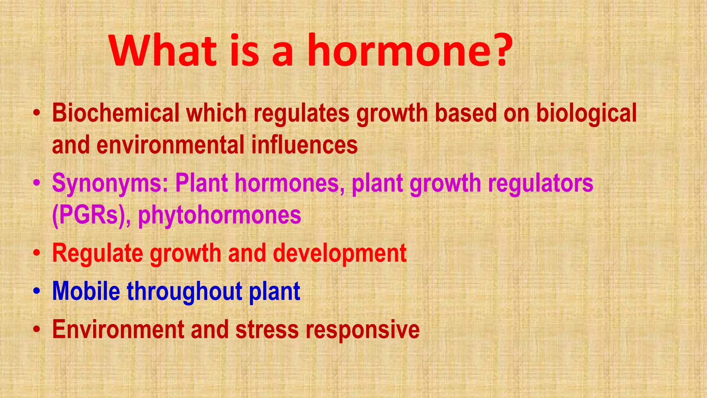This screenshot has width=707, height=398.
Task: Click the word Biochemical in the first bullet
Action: [x=116, y=113]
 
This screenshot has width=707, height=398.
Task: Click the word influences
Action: [x=304, y=145]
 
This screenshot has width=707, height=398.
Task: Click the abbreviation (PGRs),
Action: [x=91, y=215]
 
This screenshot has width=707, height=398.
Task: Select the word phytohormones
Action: [x=220, y=215]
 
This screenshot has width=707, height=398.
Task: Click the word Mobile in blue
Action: [x=86, y=291]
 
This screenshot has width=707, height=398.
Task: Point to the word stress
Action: [x=267, y=329]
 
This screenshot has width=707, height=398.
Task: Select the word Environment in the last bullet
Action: [x=118, y=329]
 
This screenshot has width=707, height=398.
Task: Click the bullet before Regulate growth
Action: [x=37, y=254]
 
